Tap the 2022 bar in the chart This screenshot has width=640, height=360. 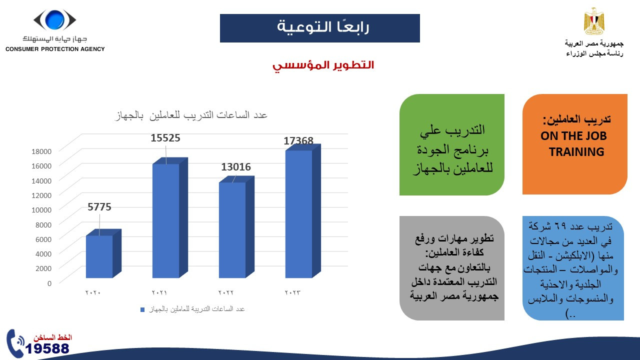tap(232, 229)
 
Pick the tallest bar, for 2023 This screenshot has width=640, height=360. tap(298, 213)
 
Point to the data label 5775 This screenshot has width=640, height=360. tap(99, 206)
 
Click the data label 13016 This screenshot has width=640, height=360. tap(236, 167)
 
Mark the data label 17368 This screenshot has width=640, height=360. tap(298, 141)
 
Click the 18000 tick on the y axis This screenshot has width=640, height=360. tap(41, 151)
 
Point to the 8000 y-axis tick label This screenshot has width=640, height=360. tap(43, 224)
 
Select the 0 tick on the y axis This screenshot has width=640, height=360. tap(49, 283)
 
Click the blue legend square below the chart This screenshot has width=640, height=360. tap(143, 309)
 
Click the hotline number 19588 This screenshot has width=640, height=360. tap(48, 348)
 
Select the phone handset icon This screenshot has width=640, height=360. tap(15, 343)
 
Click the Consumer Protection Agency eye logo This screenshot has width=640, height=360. tap(54, 20)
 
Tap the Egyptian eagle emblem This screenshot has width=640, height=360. tap(594, 21)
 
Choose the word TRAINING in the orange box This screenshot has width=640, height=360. tap(576, 152)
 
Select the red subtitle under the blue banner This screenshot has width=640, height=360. tap(323, 65)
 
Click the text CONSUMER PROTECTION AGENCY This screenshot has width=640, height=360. tap(55, 49)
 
